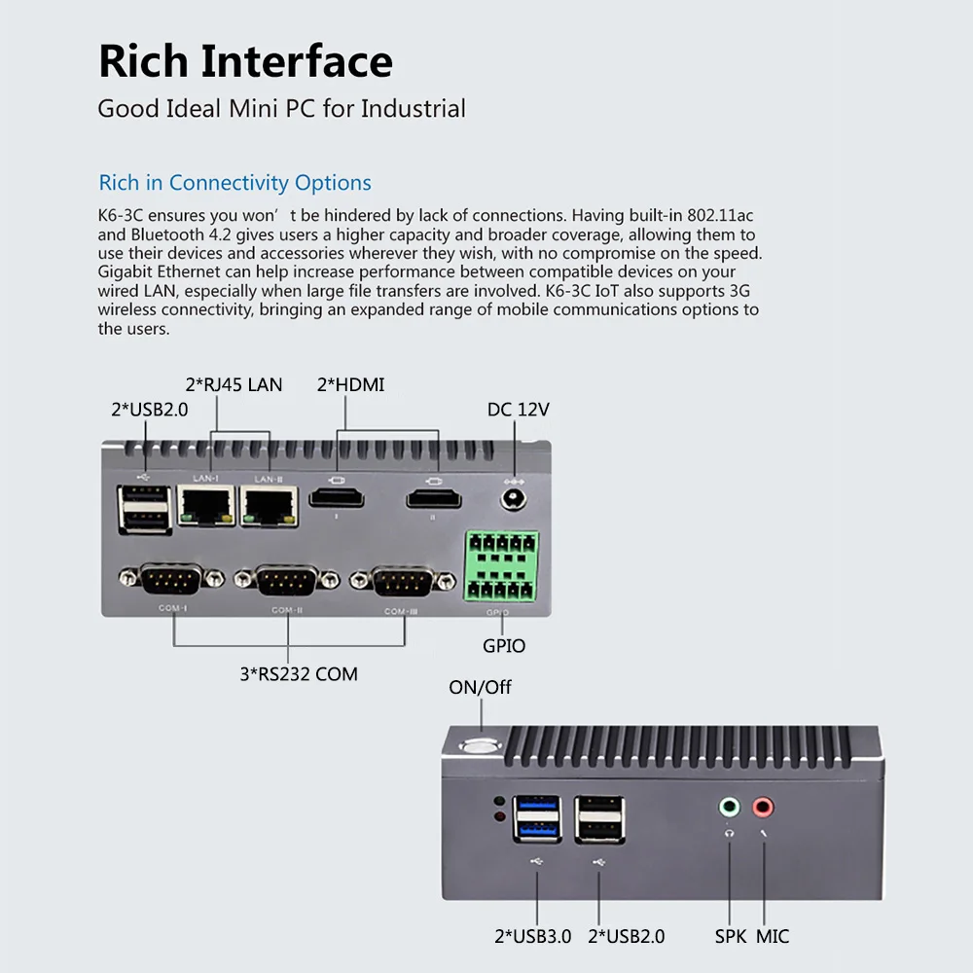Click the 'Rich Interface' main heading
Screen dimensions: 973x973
click(x=245, y=61)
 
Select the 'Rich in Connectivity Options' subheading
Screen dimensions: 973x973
click(x=234, y=183)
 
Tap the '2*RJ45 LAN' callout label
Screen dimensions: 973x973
click(x=234, y=385)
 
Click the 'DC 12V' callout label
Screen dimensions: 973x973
click(x=518, y=410)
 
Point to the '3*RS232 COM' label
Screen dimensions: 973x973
click(x=299, y=673)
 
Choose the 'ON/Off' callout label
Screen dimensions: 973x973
click(x=480, y=687)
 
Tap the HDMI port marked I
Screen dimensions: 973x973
click(x=337, y=499)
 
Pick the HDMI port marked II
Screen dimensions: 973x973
click(x=433, y=499)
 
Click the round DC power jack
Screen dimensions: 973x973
click(x=513, y=500)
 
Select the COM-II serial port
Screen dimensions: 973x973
click(x=287, y=582)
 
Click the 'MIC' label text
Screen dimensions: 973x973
click(x=773, y=937)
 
